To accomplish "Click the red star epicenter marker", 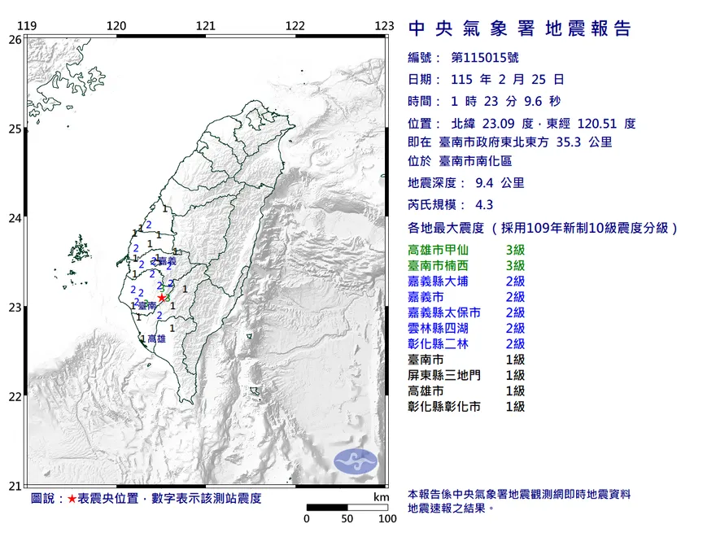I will click(162, 298).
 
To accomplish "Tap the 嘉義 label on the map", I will click(167, 261).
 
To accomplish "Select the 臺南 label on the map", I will click(147, 306).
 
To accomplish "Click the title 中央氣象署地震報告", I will click(519, 29).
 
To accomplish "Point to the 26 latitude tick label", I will click(15, 39).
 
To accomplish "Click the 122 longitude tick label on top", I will click(295, 26).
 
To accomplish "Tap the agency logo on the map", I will click(356, 460).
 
